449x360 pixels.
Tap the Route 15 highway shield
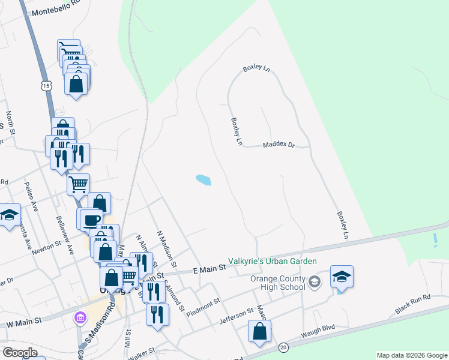coord(46,86)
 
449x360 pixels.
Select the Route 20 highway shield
coord(283,347)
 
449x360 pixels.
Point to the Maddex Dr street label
coord(279,145)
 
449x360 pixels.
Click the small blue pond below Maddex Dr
coord(203,179)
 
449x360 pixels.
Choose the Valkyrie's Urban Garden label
coord(272,261)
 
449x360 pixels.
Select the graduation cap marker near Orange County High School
coord(342,277)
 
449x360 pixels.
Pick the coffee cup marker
coord(91,220)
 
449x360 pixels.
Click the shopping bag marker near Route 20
coord(259,331)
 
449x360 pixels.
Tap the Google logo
coord(20,353)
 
